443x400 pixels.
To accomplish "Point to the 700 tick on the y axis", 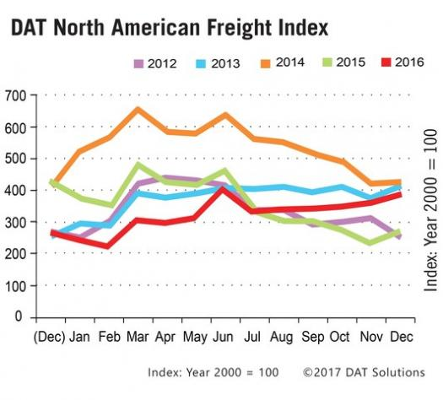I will point(14,95).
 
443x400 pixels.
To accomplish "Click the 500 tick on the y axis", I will point(14,159).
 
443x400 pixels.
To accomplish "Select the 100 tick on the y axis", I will point(14,285).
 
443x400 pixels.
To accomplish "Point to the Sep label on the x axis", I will point(311,335).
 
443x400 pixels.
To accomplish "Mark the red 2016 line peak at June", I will point(222,188).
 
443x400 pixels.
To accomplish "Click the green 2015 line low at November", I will point(370,243).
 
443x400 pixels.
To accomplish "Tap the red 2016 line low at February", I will point(107,246).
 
